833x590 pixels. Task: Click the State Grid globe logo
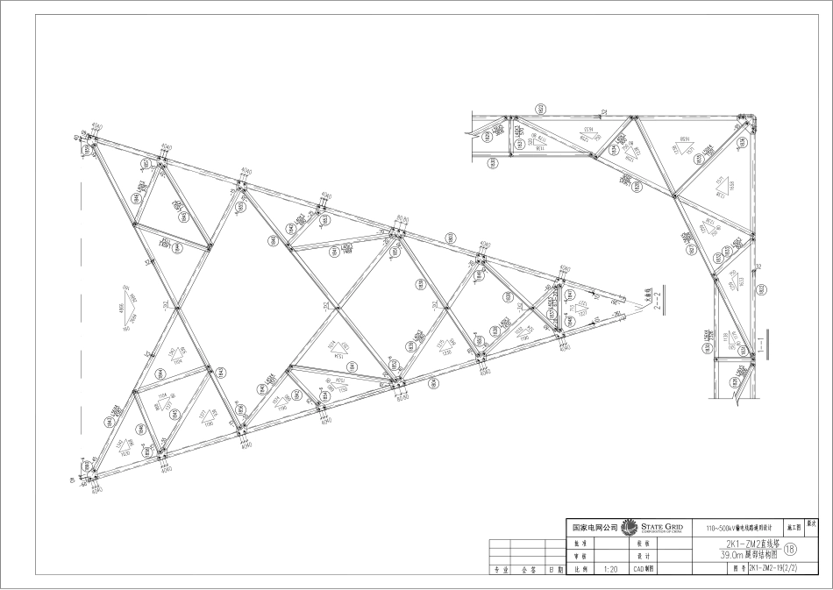[629, 528]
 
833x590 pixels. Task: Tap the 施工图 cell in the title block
[794, 528]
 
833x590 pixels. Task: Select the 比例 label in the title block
[578, 569]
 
